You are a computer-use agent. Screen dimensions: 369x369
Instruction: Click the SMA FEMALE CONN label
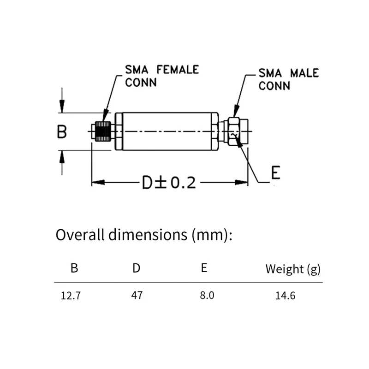pos(161,76)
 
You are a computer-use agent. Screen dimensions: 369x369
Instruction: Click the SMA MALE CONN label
pos(288,79)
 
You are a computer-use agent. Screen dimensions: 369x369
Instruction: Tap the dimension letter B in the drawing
pos(62,132)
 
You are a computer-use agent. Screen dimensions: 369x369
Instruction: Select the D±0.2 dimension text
pos(169,183)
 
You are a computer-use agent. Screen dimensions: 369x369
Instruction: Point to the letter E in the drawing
pos(275,173)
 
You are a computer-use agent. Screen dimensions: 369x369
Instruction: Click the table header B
pos(74,268)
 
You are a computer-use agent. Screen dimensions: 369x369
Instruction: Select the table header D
pos(137,268)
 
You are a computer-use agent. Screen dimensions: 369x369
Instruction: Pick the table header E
pos(204,268)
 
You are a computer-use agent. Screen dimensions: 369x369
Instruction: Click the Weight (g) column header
pos(292,268)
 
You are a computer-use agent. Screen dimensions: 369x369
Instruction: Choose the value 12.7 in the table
pos(71,296)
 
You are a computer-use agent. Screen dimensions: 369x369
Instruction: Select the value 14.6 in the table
pos(285,296)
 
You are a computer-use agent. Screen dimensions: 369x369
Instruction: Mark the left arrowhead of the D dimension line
pos(95,183)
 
